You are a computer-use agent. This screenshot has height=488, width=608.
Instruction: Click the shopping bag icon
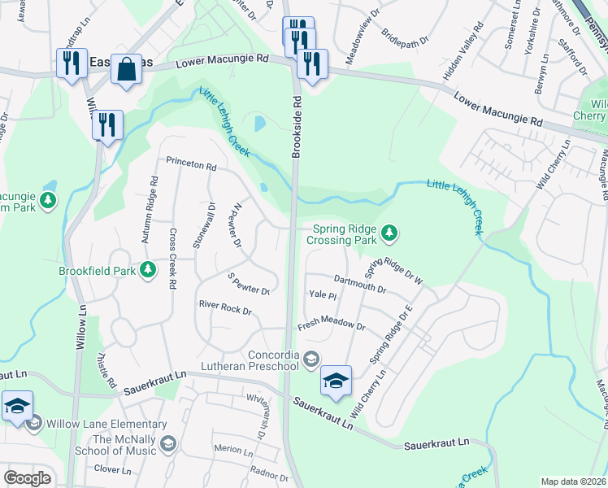pyautogui.click(x=128, y=70)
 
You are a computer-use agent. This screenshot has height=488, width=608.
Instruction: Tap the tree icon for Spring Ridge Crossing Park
pyautogui.click(x=390, y=233)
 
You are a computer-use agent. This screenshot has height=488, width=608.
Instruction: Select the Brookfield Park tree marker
pyautogui.click(x=147, y=268)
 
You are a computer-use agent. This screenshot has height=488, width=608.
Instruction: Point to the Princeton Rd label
pyautogui.click(x=191, y=166)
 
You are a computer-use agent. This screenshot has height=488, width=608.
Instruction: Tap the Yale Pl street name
pyautogui.click(x=323, y=295)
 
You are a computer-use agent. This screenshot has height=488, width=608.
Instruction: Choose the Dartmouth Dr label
pyautogui.click(x=359, y=285)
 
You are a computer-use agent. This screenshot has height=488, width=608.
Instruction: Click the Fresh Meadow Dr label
pyautogui.click(x=331, y=326)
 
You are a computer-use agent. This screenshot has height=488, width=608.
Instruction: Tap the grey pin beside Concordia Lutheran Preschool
pyautogui.click(x=310, y=359)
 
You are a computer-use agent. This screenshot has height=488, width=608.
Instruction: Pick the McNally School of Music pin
pyautogui.click(x=167, y=442)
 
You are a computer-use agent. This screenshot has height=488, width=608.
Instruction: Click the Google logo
pyautogui.click(x=27, y=478)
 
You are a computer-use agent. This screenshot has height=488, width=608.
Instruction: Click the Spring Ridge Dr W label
pyautogui.click(x=393, y=272)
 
